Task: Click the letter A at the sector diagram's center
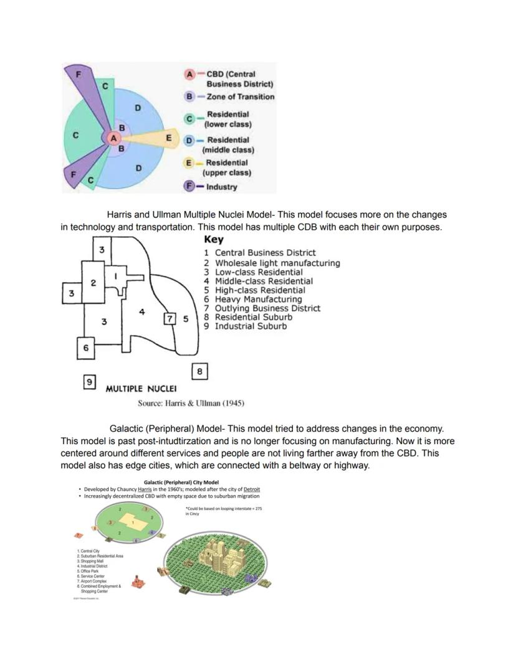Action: click(x=113, y=138)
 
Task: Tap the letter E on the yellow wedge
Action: click(x=168, y=138)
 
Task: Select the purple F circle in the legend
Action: click(x=189, y=186)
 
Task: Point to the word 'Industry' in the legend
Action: click(x=222, y=187)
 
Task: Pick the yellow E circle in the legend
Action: click(x=189, y=163)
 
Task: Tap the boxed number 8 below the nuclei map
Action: click(x=199, y=372)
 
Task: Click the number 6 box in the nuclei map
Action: click(x=86, y=348)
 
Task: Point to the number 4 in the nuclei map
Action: click(x=142, y=311)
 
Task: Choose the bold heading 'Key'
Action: click(x=214, y=240)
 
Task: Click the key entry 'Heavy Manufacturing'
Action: click(x=258, y=299)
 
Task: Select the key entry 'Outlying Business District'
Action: click(x=267, y=308)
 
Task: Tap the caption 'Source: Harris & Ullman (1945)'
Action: click(x=191, y=403)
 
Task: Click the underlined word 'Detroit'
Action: click(x=248, y=489)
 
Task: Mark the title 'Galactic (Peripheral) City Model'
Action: click(x=181, y=482)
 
